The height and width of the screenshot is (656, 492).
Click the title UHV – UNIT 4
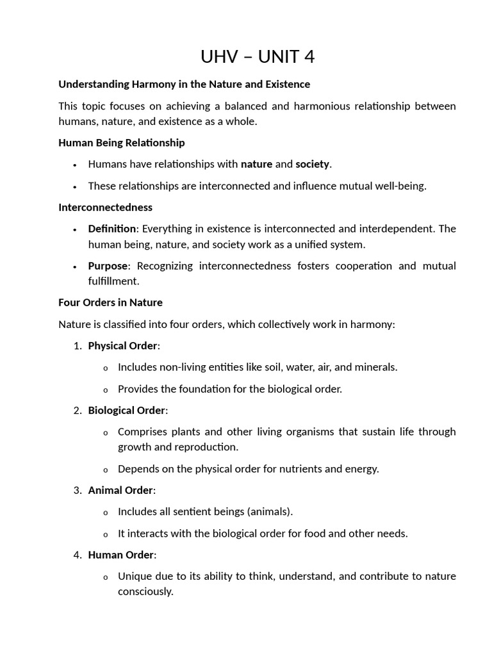258,57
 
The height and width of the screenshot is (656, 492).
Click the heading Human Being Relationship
122,142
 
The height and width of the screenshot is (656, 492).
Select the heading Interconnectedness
105,207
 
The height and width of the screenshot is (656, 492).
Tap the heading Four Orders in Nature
110,302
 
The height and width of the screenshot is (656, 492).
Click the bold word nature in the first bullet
256,164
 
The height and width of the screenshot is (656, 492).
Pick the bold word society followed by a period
312,164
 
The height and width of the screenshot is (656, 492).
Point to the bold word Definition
112,229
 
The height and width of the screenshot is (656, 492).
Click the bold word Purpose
108,266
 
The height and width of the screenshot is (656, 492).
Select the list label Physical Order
122,345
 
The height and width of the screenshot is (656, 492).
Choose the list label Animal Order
120,490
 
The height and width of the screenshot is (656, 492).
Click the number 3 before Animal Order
77,490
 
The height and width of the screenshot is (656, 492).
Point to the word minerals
375,367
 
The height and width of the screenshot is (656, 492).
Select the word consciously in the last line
145,591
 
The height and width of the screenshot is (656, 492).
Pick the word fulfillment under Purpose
113,281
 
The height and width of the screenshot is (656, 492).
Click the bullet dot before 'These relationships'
75,186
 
